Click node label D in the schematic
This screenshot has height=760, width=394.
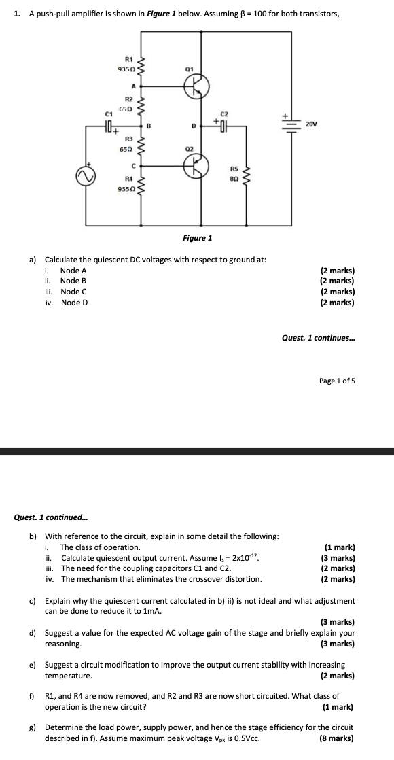click(x=192, y=126)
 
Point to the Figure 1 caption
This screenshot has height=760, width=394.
click(x=197, y=238)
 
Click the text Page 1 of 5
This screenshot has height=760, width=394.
click(x=337, y=381)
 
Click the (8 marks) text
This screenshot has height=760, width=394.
click(x=337, y=738)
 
